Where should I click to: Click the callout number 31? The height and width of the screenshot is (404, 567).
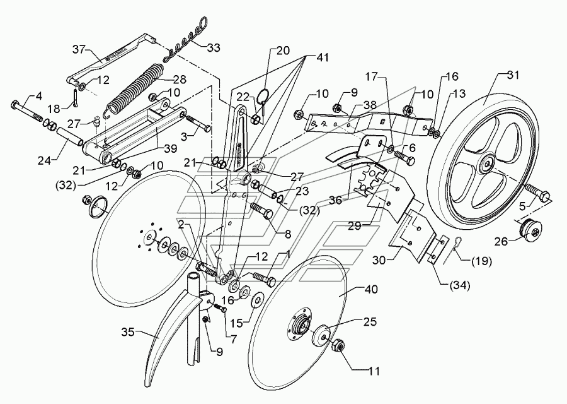pos(512,75)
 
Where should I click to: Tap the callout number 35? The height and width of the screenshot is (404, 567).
pos(128,332)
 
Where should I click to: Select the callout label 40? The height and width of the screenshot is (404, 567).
pos(371,289)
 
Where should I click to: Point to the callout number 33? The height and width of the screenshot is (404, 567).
pos(213,48)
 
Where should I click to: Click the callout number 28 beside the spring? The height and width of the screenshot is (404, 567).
pos(180,80)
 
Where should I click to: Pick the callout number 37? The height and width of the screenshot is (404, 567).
pos(79,49)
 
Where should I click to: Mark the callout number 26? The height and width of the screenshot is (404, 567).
pos(501,241)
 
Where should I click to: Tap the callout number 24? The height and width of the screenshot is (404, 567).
pos(45,160)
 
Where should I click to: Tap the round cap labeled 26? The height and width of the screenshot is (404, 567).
pos(529,229)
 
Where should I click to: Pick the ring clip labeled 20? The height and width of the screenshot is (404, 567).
pos(263,98)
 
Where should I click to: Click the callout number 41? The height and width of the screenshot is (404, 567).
pos(322,57)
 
